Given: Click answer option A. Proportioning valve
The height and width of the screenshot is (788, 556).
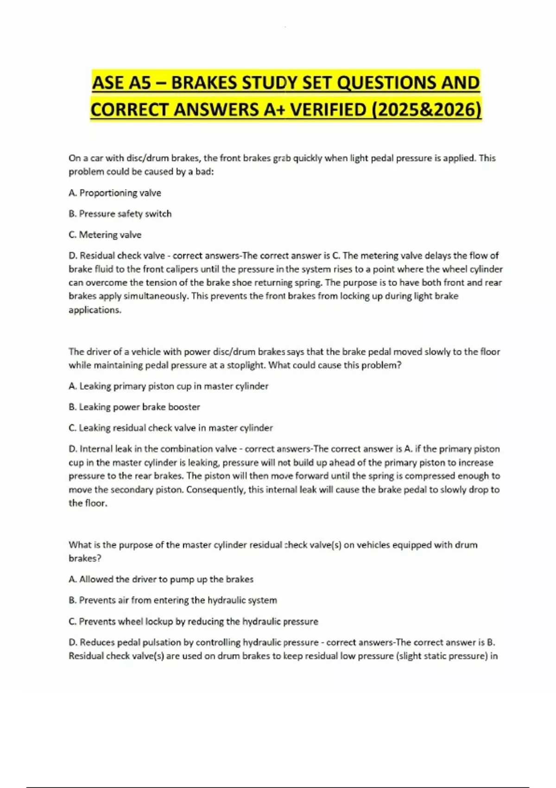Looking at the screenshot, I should point(115,193).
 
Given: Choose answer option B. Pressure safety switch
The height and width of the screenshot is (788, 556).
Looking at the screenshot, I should point(120,214).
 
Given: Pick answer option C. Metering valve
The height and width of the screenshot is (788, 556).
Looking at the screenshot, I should point(105,235).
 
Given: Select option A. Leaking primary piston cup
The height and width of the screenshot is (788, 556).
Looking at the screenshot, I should point(169,386).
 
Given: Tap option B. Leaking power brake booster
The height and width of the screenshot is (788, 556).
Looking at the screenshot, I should point(134,407).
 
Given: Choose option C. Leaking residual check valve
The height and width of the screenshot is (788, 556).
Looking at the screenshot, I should point(171,428).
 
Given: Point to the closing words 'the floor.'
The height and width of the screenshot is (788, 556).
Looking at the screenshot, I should point(88,503).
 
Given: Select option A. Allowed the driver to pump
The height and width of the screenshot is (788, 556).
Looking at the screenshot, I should point(161,579).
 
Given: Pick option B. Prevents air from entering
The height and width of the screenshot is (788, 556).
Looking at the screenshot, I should point(173,600).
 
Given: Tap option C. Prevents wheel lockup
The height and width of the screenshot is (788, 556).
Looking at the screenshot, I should point(193,622).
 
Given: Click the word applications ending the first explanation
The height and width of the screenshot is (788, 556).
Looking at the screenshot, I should point(95,310).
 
